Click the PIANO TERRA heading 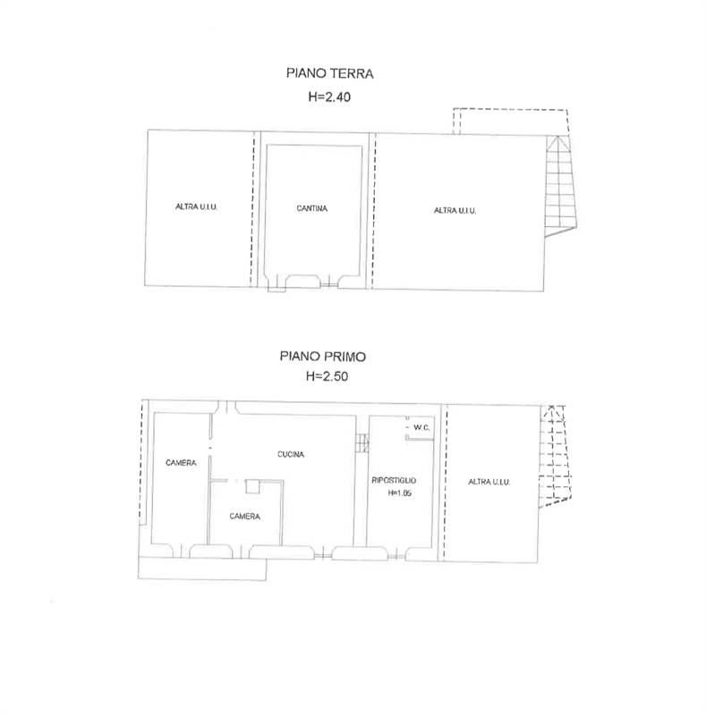329,73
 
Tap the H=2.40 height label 329,97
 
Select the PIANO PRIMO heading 323,356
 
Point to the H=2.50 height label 327,376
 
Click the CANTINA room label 312,208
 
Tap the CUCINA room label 291,454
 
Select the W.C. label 421,428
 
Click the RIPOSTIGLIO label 394,480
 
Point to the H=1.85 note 400,493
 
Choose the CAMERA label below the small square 245,517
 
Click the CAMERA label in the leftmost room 181,463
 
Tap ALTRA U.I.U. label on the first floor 489,482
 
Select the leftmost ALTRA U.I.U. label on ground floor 196,206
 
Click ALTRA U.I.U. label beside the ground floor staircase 455,210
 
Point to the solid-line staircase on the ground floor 561,186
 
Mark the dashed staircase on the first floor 555,456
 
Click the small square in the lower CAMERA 252,486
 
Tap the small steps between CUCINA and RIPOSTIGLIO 362,442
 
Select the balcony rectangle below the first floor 202,568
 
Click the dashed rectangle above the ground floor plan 511,122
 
